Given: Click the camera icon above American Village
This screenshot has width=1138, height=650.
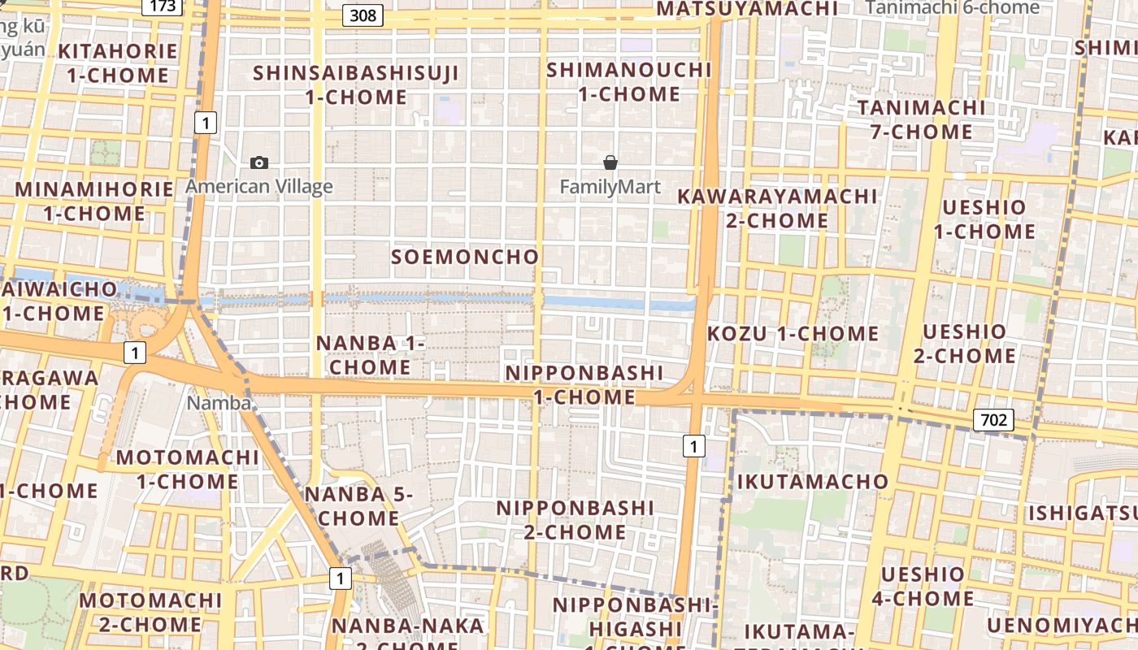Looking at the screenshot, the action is pyautogui.click(x=259, y=162).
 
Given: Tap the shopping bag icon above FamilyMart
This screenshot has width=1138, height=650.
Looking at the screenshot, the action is pyautogui.click(x=610, y=162).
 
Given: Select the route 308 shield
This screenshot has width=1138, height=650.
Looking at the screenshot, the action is pyautogui.click(x=363, y=15).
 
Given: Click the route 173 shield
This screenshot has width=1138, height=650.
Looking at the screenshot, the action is pyautogui.click(x=163, y=7).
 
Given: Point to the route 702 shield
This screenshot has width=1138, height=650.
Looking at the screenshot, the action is pyautogui.click(x=993, y=420).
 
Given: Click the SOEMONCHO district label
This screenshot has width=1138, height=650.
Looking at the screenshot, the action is pyautogui.click(x=465, y=258).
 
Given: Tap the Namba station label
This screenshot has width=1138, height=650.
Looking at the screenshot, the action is pyautogui.click(x=219, y=402).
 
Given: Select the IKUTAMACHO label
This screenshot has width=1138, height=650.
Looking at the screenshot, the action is pyautogui.click(x=813, y=482).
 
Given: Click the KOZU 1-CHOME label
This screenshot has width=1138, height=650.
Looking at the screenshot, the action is pyautogui.click(x=793, y=334).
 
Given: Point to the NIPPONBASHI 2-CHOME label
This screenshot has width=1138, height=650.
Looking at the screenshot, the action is pyautogui.click(x=575, y=520).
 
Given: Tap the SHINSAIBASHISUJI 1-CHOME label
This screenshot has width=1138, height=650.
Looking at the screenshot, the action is pyautogui.click(x=356, y=84).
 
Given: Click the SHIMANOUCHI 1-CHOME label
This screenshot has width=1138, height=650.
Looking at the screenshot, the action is pyautogui.click(x=629, y=81).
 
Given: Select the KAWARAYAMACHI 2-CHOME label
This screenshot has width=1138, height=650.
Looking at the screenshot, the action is pyautogui.click(x=777, y=208).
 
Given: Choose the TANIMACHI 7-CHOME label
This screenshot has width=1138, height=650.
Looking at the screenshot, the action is pyautogui.click(x=920, y=119).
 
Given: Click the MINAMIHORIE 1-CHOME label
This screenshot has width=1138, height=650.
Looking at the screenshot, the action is pyautogui.click(x=94, y=201).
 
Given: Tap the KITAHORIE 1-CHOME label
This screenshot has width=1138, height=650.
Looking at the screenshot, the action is pyautogui.click(x=118, y=63).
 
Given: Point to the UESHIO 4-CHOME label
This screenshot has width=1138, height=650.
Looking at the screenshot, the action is pyautogui.click(x=923, y=587).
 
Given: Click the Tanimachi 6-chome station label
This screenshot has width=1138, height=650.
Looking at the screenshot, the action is pyautogui.click(x=952, y=7).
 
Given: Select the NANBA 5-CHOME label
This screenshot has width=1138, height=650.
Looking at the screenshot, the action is pyautogui.click(x=358, y=506).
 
